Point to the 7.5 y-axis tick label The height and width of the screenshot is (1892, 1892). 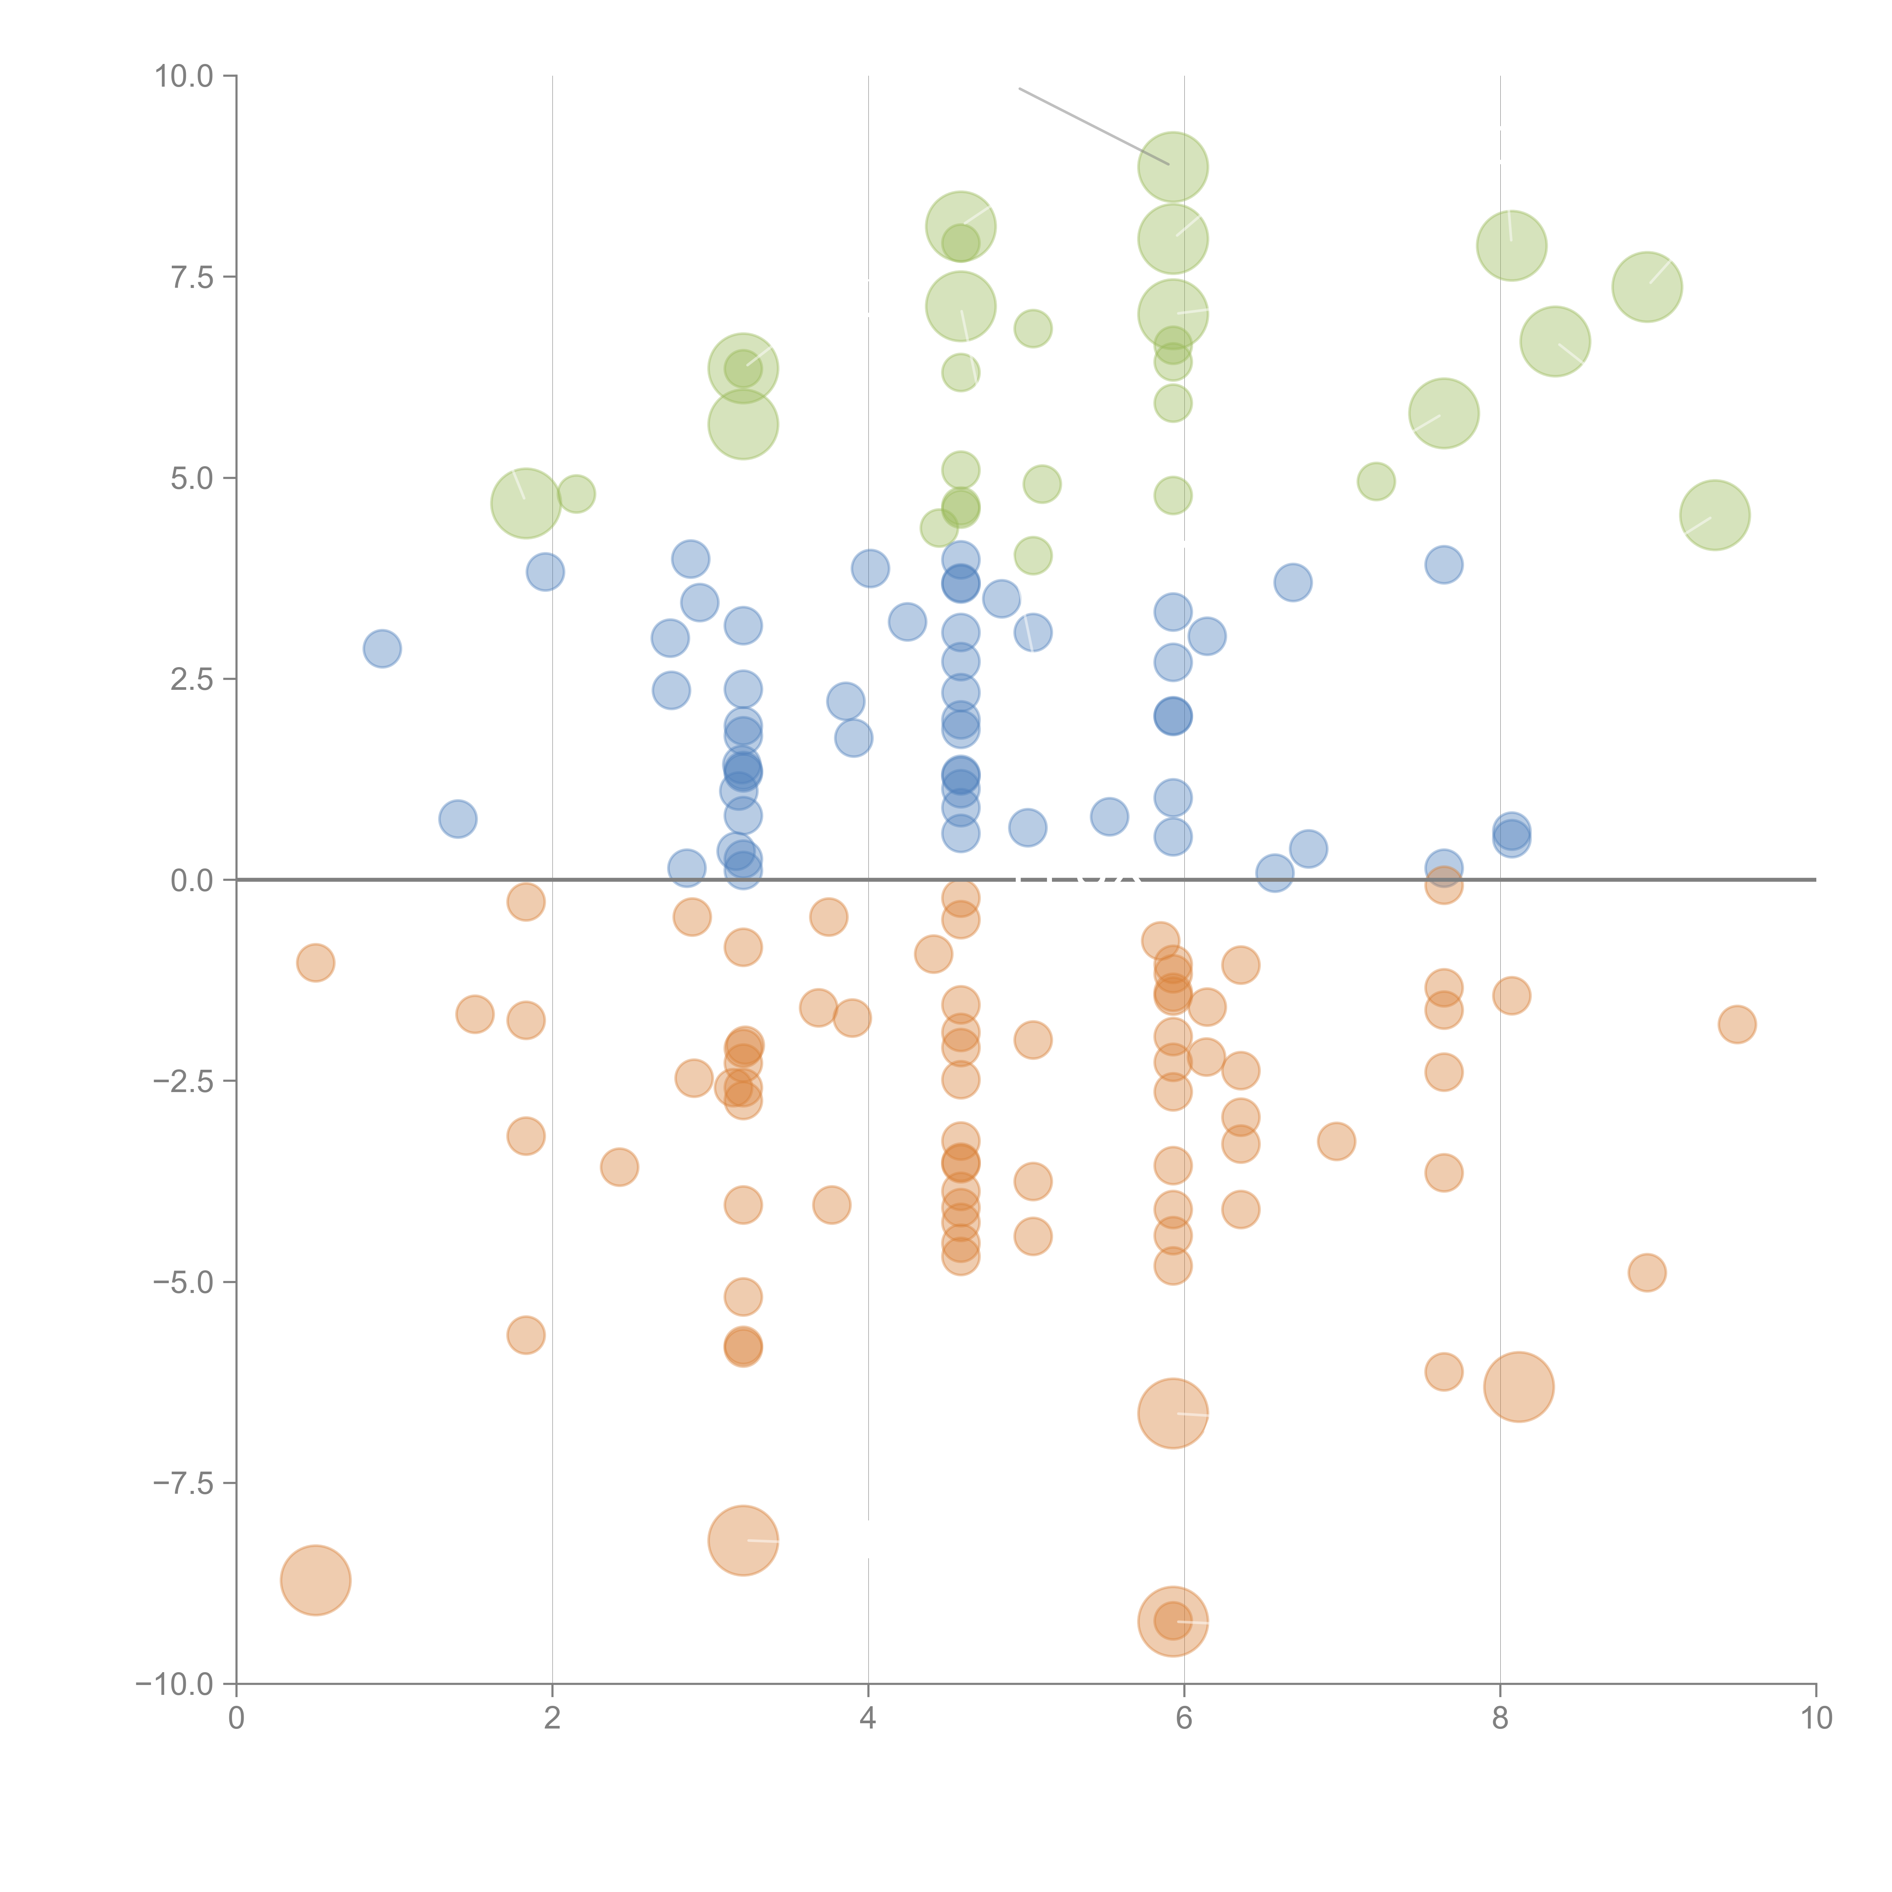(x=191, y=277)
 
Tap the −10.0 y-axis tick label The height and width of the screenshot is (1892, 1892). (x=174, y=1684)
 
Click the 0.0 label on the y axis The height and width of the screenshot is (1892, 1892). (x=191, y=881)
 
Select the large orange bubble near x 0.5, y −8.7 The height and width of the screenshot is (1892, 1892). (x=315, y=1579)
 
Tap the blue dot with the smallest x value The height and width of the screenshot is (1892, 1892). (x=382, y=648)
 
